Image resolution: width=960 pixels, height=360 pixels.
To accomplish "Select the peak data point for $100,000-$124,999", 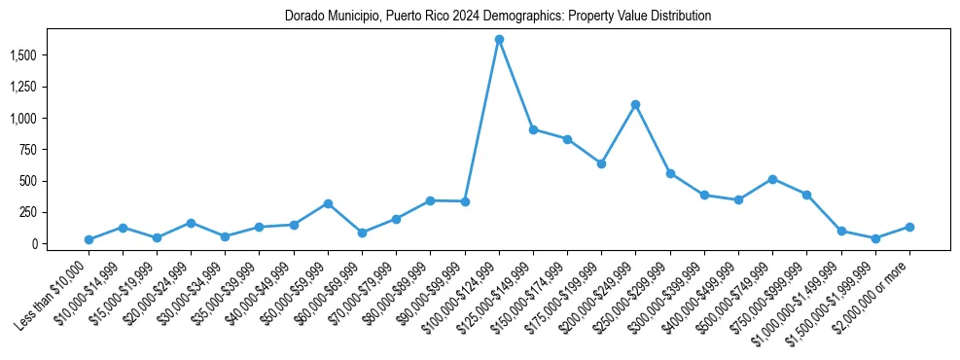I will pyautogui.click(x=499, y=40).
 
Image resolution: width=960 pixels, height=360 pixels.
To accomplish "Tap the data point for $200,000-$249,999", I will pyautogui.click(x=635, y=104).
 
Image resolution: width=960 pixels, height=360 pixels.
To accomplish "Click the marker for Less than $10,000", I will pyautogui.click(x=89, y=239).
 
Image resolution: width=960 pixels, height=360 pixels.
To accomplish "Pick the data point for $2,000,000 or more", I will pyautogui.click(x=909, y=227).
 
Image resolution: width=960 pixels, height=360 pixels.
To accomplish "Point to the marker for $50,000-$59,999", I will pyautogui.click(x=328, y=203).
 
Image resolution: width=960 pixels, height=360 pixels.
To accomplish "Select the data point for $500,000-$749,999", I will pyautogui.click(x=772, y=179).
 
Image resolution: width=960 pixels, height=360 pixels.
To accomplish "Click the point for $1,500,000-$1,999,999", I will pyautogui.click(x=875, y=238).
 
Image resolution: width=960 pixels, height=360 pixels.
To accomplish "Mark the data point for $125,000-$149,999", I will pyautogui.click(x=533, y=129).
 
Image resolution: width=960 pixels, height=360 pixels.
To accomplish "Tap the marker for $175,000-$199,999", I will pyautogui.click(x=601, y=163).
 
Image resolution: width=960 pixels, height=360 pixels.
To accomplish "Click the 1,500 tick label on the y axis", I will pyautogui.click(x=21, y=55).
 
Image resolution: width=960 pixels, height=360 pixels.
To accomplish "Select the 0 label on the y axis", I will pyautogui.click(x=33, y=243).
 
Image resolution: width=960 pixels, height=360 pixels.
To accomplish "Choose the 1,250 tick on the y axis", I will pyautogui.click(x=21, y=87).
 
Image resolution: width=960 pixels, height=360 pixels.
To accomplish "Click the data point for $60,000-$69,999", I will pyautogui.click(x=362, y=233).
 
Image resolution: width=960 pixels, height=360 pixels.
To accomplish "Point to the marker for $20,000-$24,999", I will pyautogui.click(x=191, y=223).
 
